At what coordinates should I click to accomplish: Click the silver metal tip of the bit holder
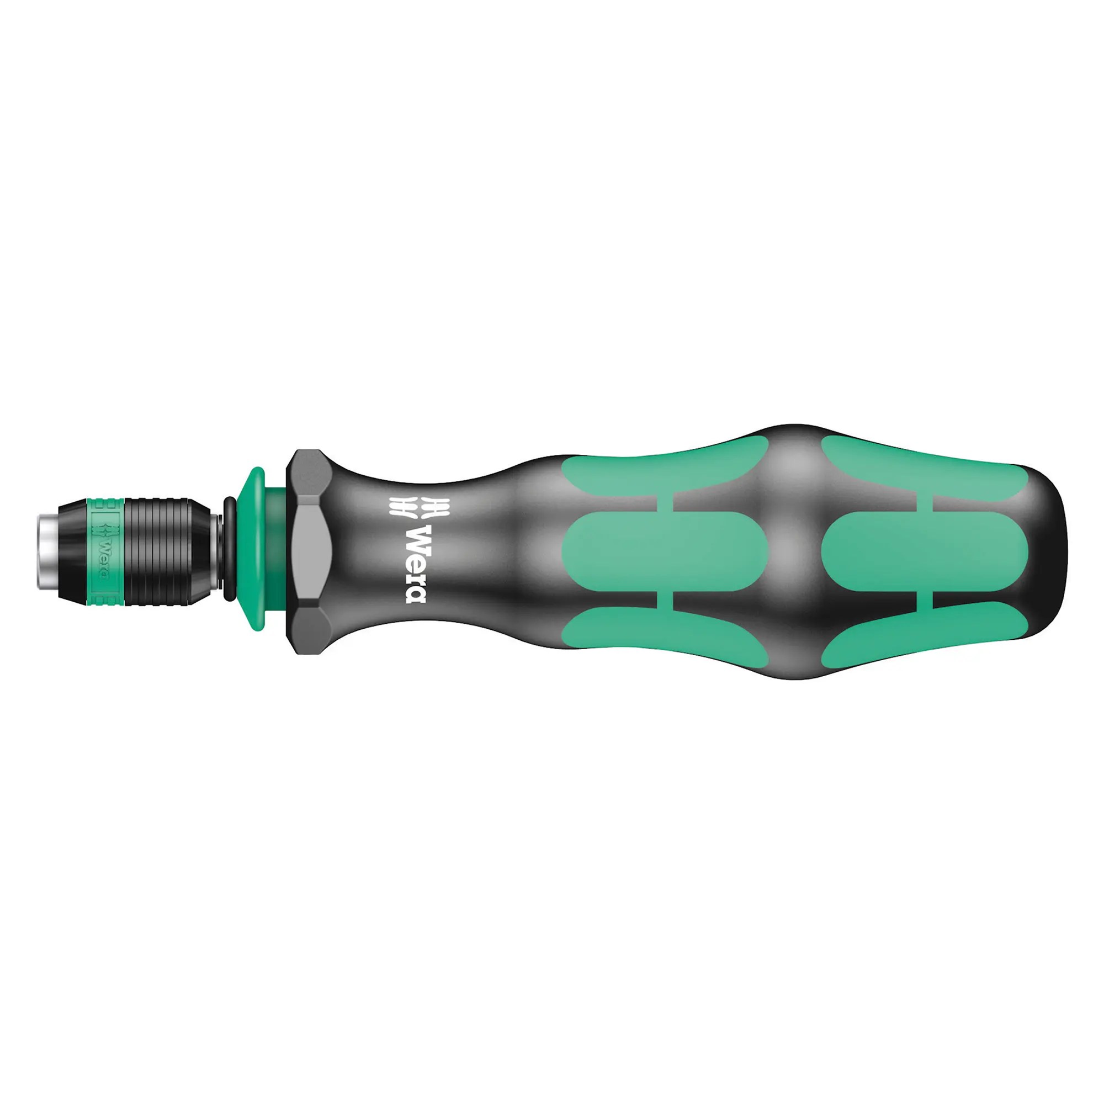pos(47,551)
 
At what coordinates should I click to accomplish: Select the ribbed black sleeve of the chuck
pos(166,551)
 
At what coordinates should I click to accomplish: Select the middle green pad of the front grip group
pos(663,551)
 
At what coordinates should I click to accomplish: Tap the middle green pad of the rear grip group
pos(923,551)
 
